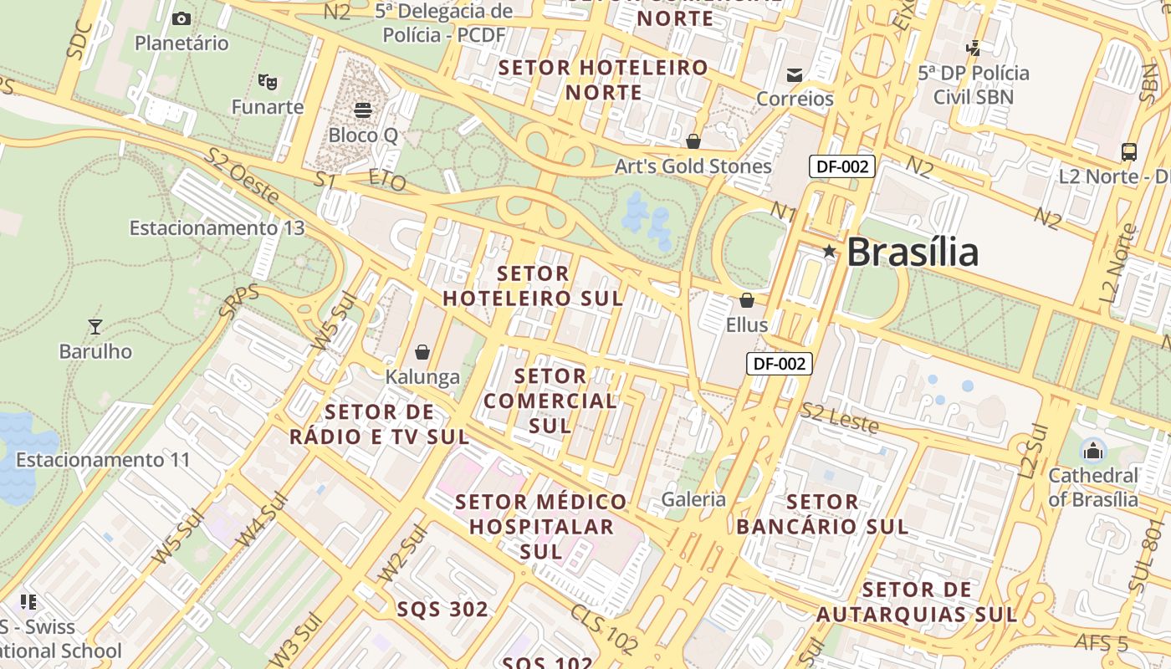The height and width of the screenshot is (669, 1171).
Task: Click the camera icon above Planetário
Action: [182, 18]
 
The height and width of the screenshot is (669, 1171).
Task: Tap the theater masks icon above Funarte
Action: [268, 81]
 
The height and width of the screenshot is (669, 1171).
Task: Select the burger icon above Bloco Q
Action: [363, 110]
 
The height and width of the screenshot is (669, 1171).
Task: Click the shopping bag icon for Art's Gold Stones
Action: [693, 140]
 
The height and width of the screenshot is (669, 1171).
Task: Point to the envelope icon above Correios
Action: [795, 75]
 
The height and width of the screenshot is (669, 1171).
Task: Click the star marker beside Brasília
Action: [829, 251]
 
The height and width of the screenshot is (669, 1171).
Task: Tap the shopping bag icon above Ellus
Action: [746, 299]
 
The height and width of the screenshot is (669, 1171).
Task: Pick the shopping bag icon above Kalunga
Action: [422, 352]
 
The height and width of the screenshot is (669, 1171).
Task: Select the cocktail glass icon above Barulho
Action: [95, 326]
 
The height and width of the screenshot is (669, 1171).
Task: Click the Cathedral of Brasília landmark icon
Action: [1092, 451]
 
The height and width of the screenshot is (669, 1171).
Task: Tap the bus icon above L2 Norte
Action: [1129, 151]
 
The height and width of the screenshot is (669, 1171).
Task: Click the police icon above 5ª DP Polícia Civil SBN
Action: [974, 48]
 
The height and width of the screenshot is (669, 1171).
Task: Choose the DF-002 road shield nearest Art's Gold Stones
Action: [842, 166]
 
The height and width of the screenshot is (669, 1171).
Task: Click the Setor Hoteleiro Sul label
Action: [533, 286]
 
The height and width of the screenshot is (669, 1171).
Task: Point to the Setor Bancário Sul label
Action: [822, 514]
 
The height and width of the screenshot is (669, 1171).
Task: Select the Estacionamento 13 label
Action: [217, 227]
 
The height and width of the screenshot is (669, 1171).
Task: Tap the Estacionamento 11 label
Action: [103, 459]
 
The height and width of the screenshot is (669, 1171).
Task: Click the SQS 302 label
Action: [442, 610]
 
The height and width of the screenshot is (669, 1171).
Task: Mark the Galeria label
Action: [693, 499]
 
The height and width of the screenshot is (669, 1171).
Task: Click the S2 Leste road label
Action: [840, 418]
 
